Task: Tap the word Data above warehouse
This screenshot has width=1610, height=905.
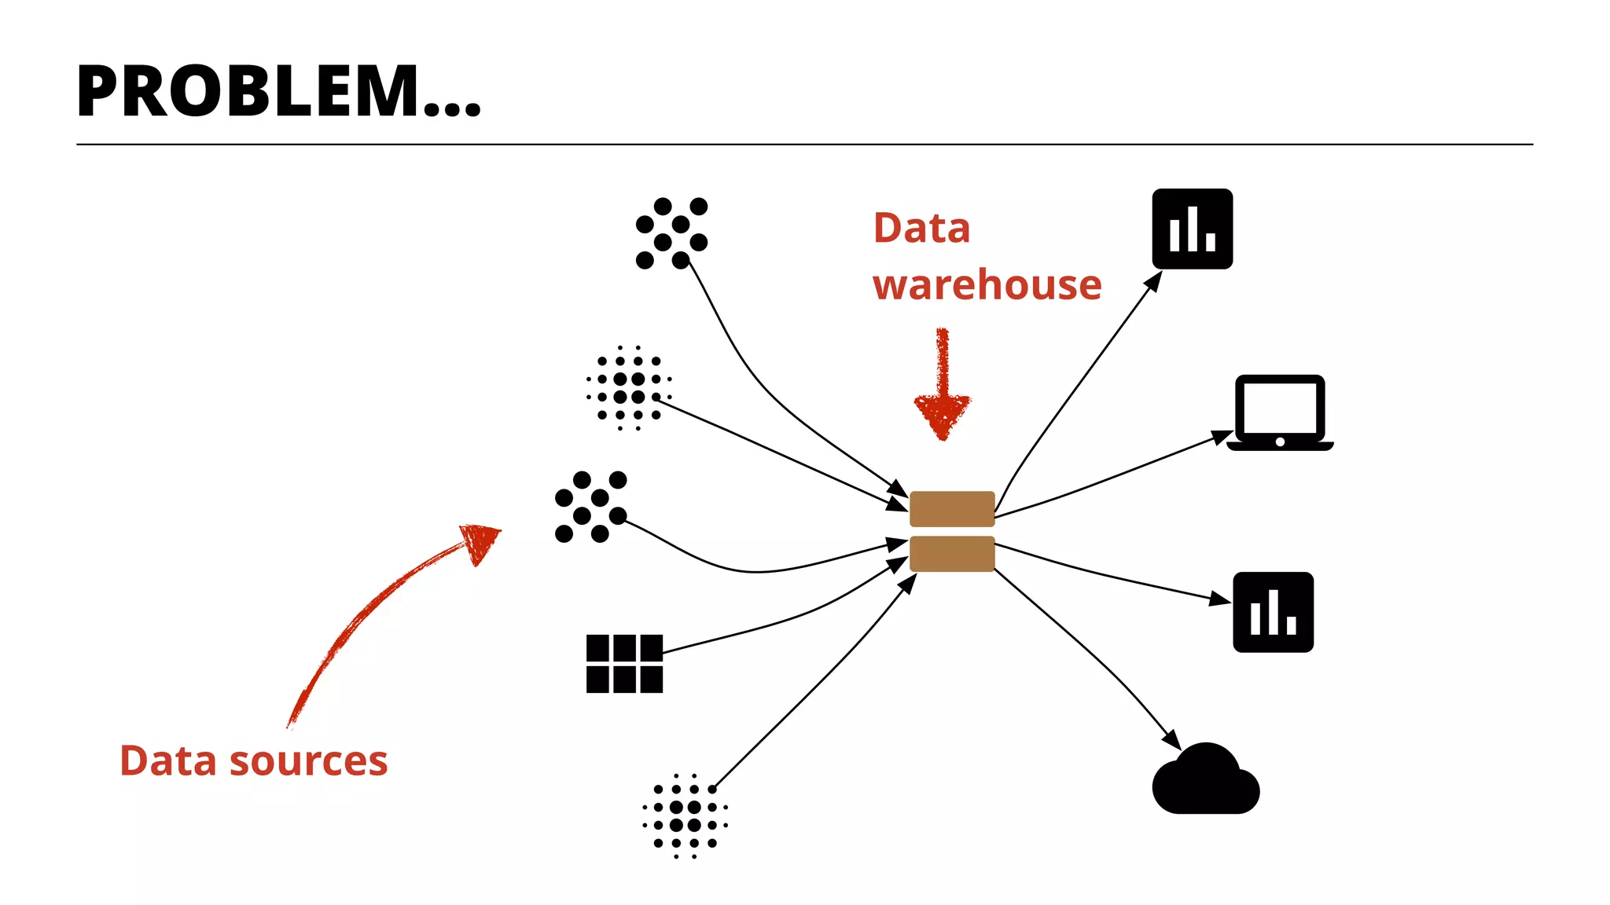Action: coord(921,229)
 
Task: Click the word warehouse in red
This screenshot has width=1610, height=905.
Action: coord(987,284)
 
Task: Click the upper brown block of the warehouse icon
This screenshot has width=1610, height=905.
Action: coord(952,508)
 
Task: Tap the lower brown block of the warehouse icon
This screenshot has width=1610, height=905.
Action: coord(952,553)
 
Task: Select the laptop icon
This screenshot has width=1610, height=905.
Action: coord(1280,412)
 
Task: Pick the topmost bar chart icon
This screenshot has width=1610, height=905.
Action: coord(1192,229)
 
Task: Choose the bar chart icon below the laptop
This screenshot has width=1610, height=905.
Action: coord(1273,612)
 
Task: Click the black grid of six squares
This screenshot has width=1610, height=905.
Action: coord(624,664)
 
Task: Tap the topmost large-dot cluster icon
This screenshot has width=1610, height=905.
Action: coord(671,233)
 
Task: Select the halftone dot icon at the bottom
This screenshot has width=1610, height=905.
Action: coord(685,816)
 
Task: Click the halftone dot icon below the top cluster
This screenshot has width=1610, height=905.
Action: coord(629,388)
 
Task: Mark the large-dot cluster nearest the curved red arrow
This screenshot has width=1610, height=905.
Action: coord(590,507)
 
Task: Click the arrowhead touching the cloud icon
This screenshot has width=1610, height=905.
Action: coord(1172,740)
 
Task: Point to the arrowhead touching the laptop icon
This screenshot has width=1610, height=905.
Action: coord(1222,437)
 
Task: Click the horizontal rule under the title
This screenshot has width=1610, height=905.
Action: coord(804,145)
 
